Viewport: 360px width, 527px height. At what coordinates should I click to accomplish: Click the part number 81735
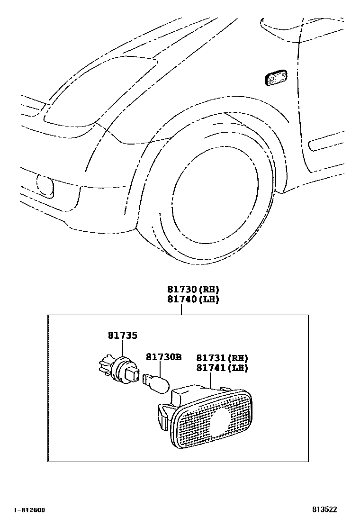[122, 336]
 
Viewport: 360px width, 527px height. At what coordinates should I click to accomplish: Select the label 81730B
[163, 357]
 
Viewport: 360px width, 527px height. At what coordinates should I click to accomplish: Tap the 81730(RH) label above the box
[193, 290]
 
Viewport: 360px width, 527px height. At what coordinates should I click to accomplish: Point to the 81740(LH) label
[193, 300]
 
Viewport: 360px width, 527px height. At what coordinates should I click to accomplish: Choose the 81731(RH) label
[222, 358]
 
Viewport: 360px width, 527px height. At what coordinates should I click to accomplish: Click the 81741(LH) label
[222, 367]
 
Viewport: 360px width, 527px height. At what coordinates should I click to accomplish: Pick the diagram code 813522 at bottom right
[324, 510]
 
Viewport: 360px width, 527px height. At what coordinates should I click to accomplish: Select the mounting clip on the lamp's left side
[162, 413]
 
